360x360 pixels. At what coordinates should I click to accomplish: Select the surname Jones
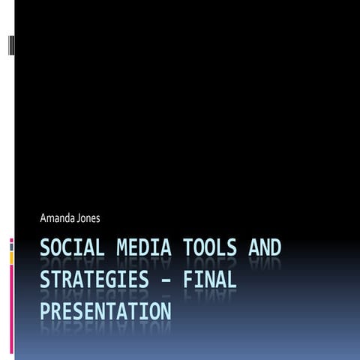coord(87,218)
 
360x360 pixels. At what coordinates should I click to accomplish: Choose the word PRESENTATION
coord(105,310)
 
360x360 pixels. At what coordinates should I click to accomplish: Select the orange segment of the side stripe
coord(11,258)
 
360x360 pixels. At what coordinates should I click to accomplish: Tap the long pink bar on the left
coord(11,307)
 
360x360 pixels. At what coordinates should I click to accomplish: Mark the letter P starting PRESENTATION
coord(45,310)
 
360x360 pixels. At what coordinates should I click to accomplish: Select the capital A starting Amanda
coord(43,218)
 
